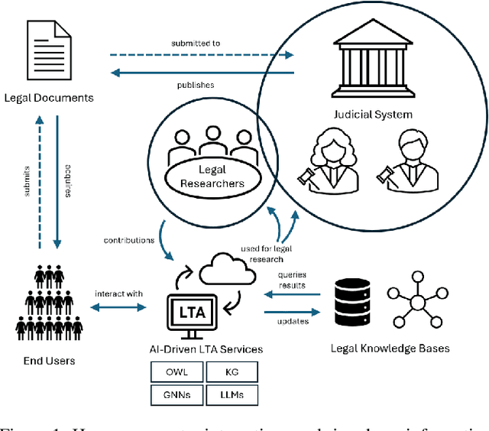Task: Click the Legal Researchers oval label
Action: (x=213, y=175)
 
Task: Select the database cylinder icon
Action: (x=353, y=300)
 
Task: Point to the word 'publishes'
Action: (x=196, y=85)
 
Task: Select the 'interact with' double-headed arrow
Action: (x=118, y=306)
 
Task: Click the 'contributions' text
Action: (x=129, y=241)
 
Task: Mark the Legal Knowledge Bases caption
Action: (x=390, y=348)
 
